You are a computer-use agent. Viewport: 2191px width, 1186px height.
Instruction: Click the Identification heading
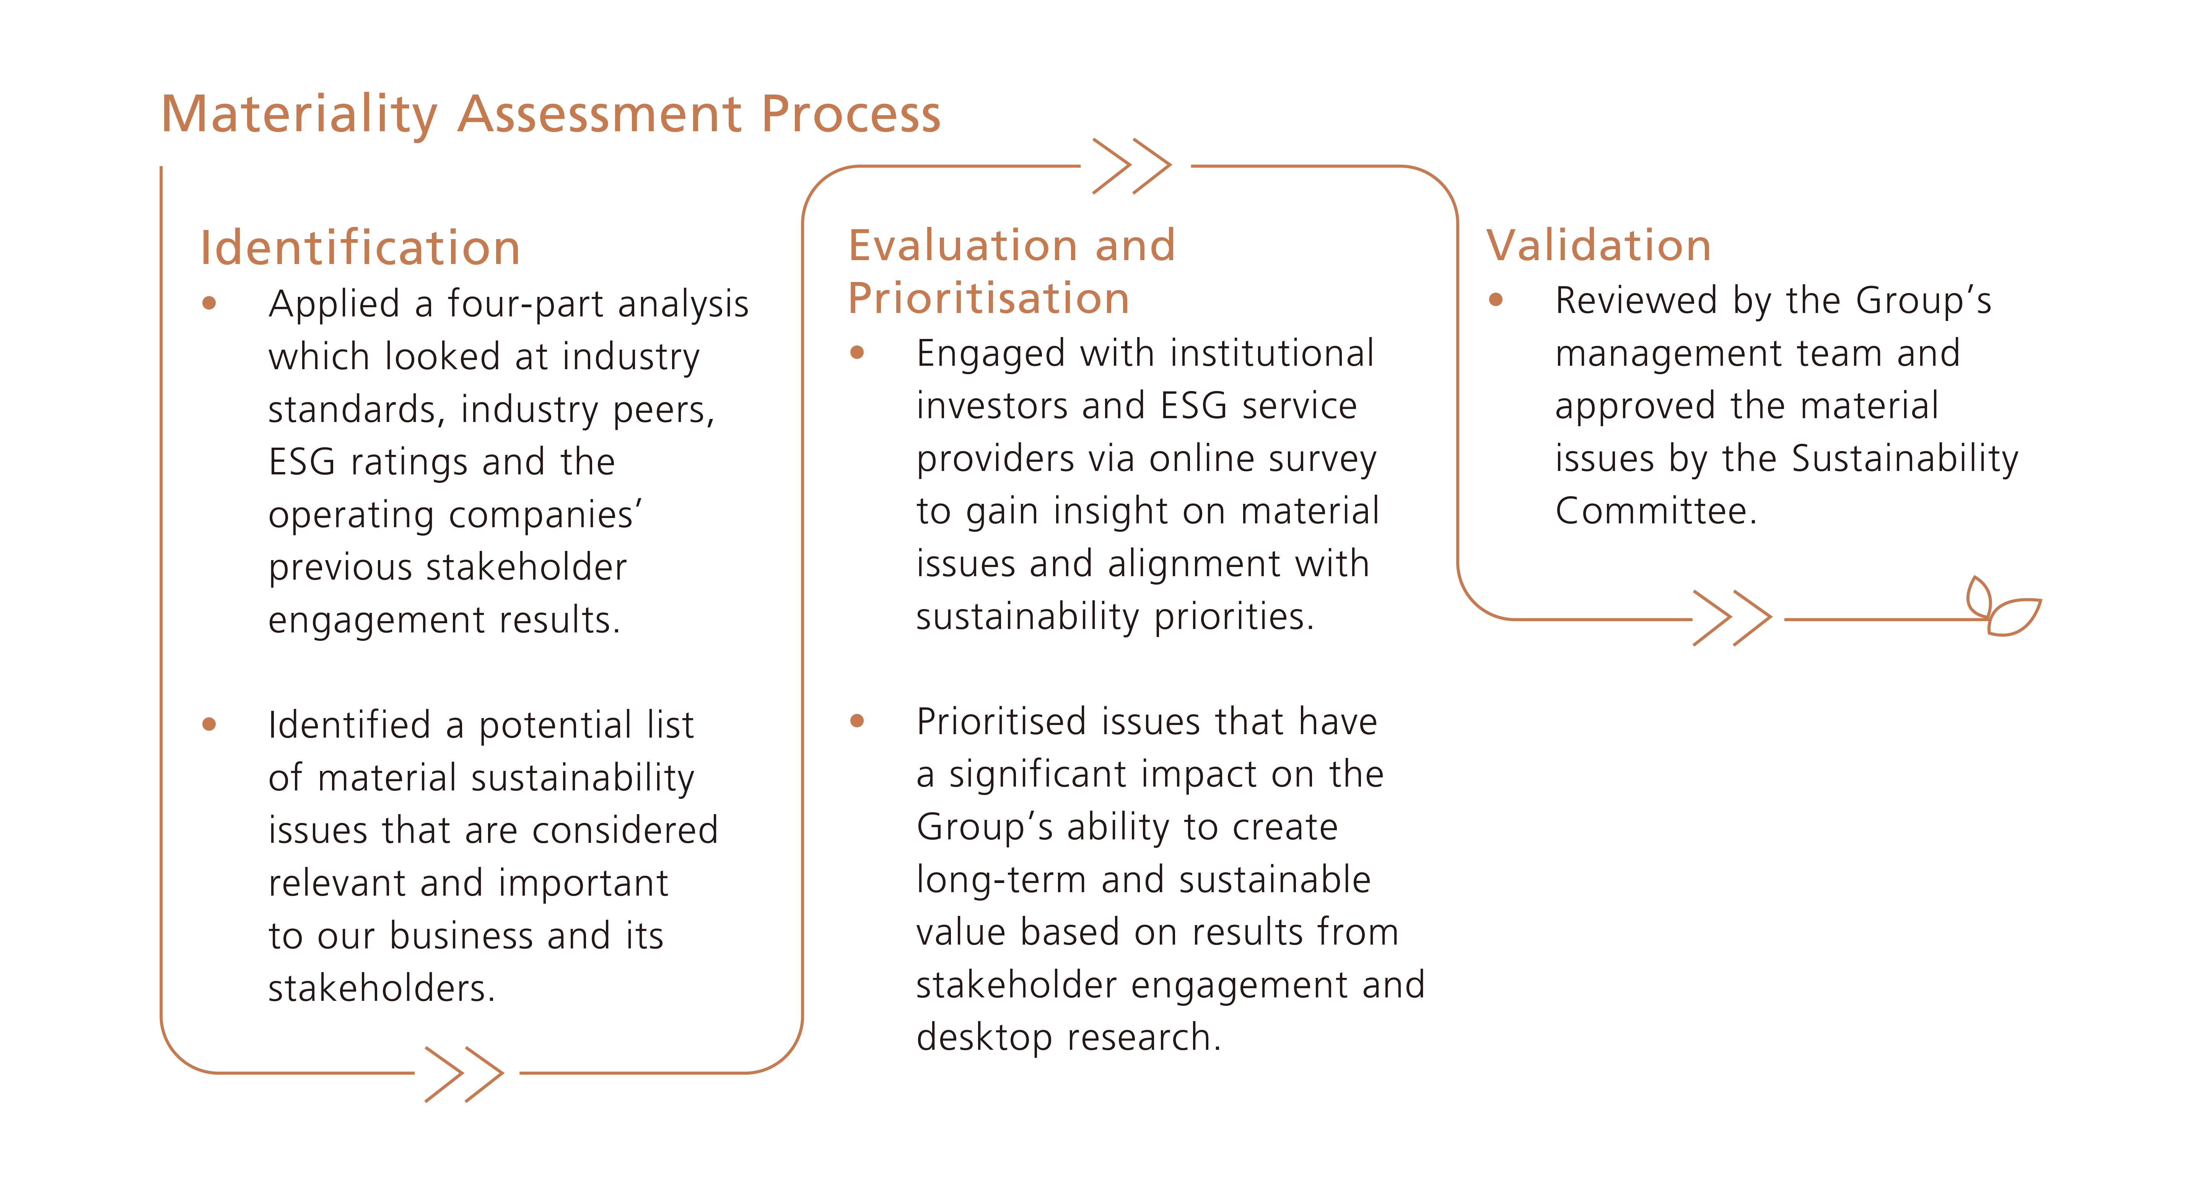(x=360, y=248)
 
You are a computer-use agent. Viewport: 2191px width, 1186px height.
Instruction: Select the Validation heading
(x=1598, y=246)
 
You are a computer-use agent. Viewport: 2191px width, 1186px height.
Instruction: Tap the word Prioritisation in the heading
(x=988, y=299)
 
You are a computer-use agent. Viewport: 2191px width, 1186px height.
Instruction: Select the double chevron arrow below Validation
(x=1732, y=619)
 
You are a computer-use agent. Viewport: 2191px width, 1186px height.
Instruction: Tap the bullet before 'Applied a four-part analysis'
(x=209, y=304)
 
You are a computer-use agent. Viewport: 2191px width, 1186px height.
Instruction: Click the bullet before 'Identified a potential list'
(x=209, y=725)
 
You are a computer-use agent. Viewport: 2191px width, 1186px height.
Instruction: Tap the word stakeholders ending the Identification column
(x=380, y=989)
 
